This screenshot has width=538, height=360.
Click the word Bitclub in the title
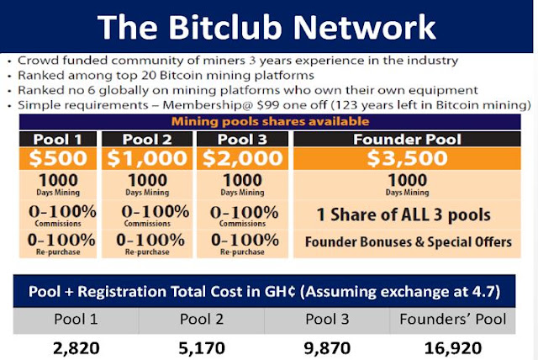[x=225, y=27]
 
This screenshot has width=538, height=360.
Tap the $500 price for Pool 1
[x=58, y=158]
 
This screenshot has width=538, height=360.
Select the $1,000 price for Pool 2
[x=147, y=158]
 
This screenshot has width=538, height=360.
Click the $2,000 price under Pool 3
[x=243, y=158]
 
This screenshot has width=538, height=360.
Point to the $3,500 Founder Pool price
[x=407, y=158]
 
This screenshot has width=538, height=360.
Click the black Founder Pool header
[x=407, y=140]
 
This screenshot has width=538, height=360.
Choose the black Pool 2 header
[x=147, y=140]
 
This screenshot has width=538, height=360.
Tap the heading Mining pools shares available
[x=270, y=121]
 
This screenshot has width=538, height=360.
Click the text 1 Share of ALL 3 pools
[x=403, y=214]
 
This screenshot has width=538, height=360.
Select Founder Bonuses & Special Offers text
[x=409, y=242]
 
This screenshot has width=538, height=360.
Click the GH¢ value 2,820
[x=76, y=348]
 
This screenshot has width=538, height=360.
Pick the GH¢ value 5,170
[x=202, y=348]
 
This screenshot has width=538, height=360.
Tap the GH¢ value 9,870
[x=327, y=348]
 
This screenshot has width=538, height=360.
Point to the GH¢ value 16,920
[x=453, y=348]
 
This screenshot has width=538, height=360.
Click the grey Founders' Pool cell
[x=452, y=320]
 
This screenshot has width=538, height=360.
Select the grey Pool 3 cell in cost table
[x=327, y=320]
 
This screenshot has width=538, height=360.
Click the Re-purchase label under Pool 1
[x=58, y=251]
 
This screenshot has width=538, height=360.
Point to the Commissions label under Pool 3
[x=243, y=224]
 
